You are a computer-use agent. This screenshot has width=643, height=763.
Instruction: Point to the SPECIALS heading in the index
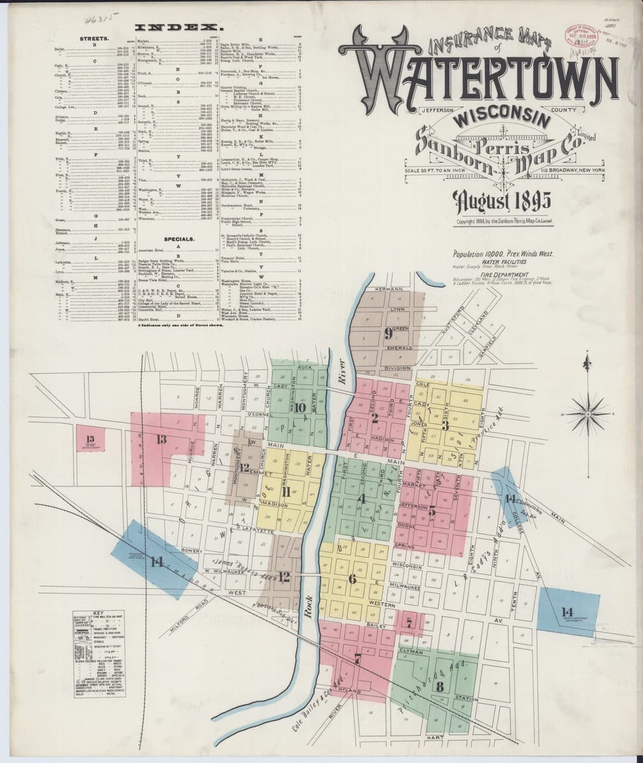[x=179, y=239]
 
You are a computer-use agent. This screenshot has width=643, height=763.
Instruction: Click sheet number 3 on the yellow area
[x=446, y=424]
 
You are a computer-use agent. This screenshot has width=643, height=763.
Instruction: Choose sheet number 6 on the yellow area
[x=352, y=579]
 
